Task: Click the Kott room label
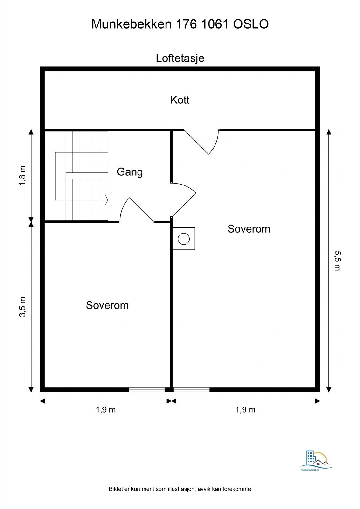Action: click(180, 100)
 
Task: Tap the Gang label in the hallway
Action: click(130, 172)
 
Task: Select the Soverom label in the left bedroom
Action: click(107, 305)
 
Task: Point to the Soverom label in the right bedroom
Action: click(249, 229)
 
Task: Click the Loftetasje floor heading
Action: click(180, 59)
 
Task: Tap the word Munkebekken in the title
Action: click(131, 24)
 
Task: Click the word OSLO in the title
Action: click(251, 24)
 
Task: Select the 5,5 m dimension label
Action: click(337, 261)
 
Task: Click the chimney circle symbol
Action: click(184, 239)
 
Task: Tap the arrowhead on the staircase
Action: click(106, 200)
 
